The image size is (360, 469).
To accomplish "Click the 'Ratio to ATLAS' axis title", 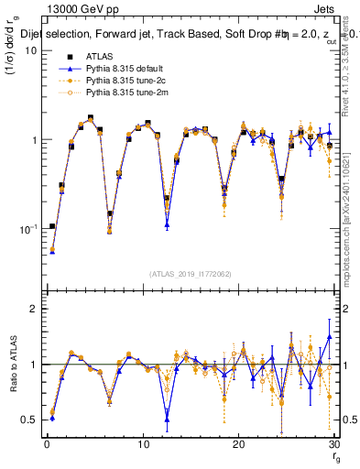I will coord(12,365).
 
